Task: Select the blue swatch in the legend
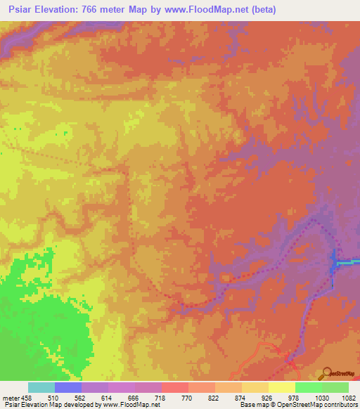67,387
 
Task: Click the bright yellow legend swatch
281,387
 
